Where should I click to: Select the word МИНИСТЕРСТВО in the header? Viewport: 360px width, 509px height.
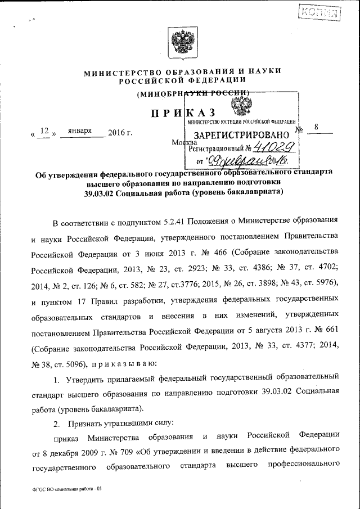click(120, 72)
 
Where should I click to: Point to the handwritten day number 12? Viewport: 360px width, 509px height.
click(46, 132)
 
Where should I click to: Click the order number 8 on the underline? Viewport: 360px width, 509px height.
click(317, 128)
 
